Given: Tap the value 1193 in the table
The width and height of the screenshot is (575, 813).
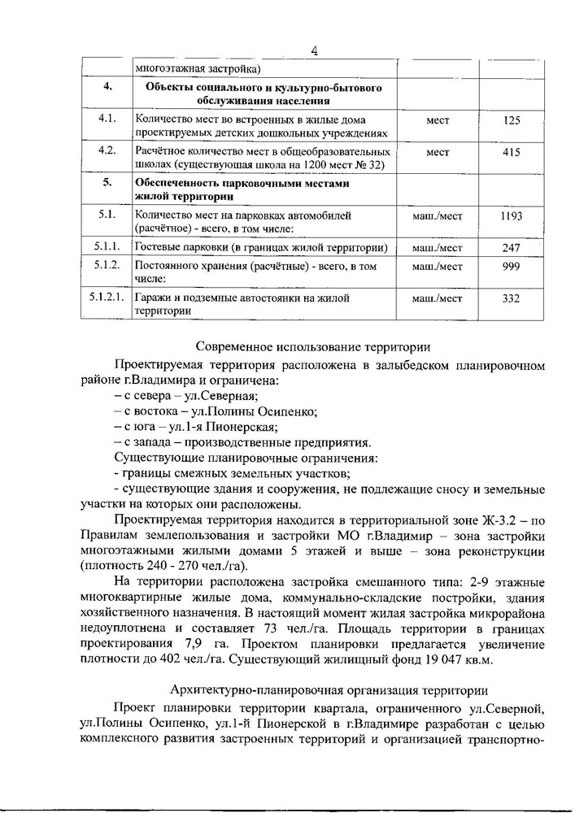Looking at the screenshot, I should [x=511, y=215].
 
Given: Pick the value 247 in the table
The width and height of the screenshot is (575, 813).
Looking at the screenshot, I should [x=511, y=246].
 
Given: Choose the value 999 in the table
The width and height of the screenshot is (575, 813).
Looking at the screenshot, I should [x=511, y=266].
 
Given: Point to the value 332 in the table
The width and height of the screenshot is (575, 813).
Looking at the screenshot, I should [x=511, y=298].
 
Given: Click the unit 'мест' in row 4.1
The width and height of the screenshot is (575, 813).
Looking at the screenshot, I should [x=438, y=120].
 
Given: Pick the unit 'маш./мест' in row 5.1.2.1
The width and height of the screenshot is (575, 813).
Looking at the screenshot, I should [x=438, y=298].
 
